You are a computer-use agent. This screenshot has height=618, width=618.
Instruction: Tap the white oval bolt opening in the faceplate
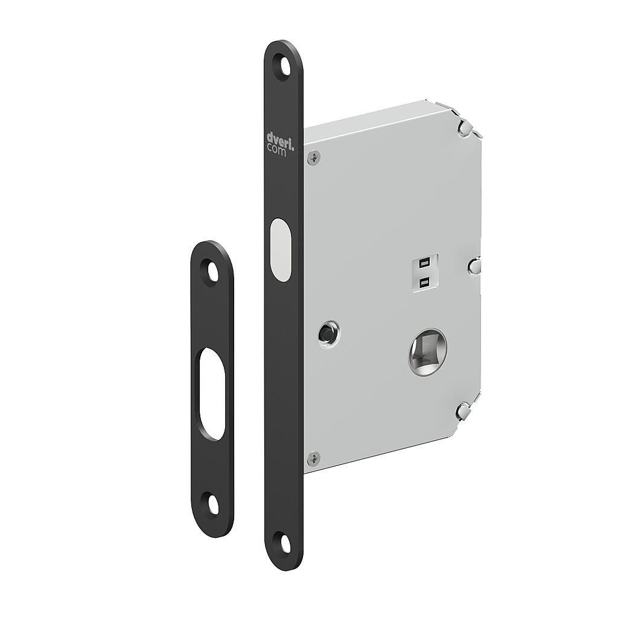[x=279, y=249]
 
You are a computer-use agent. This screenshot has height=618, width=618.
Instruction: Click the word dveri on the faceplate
[x=279, y=138]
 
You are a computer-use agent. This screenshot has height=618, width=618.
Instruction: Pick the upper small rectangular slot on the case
[x=424, y=263]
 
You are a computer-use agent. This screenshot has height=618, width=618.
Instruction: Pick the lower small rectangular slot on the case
[x=424, y=281]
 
